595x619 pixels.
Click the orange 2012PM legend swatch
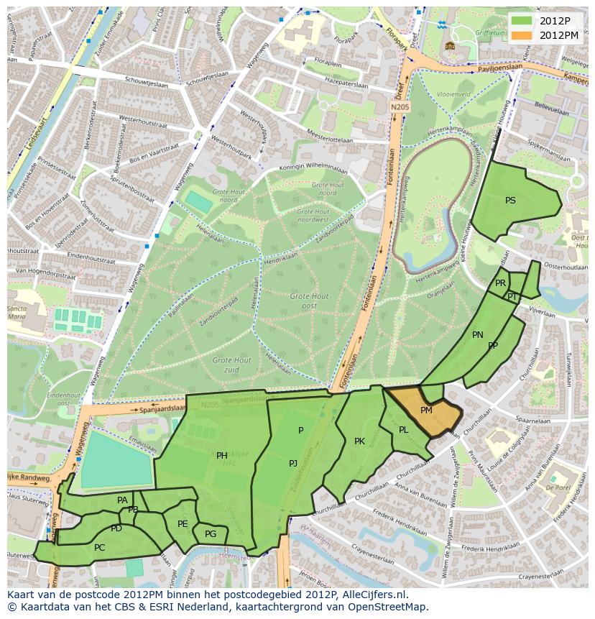coord(522,35)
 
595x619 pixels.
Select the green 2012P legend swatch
coord(522,20)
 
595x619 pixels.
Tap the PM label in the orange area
coord(426,411)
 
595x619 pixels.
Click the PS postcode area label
coord(510,201)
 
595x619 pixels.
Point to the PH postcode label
coord(222,455)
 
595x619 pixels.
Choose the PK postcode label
coord(359,441)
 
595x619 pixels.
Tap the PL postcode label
coord(404,430)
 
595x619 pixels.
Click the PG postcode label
coord(211,534)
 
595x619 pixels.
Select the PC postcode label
coord(99,548)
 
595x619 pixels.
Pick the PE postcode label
coord(183,524)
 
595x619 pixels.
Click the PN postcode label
coord(478,335)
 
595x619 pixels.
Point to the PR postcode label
coord(500,283)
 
